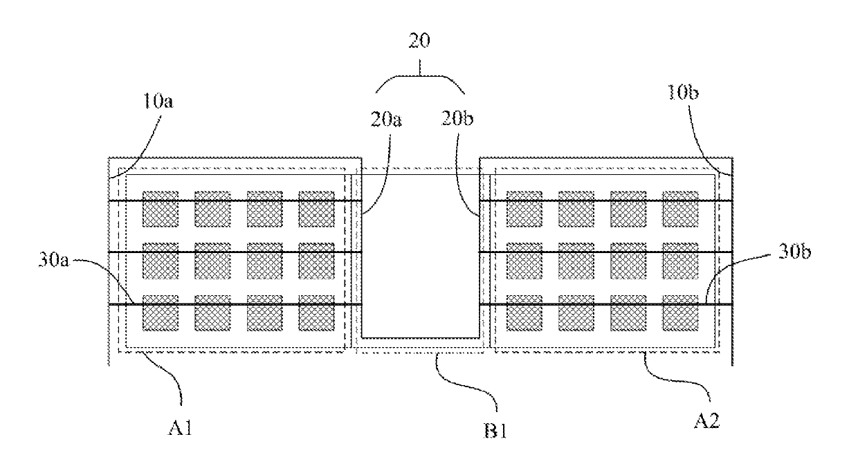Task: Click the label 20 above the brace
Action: coord(419,41)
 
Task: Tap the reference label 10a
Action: coord(158,101)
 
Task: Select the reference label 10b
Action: coord(683,92)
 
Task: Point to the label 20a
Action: coord(386,120)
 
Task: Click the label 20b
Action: coord(457,118)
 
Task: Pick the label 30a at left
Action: coord(54,259)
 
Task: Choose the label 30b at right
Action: coord(795,252)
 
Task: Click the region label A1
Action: coord(180,427)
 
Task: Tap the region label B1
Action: coord(495,431)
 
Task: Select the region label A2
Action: coord(707,421)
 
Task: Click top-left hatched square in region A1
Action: coord(161,209)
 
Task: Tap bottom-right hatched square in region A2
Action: coord(680,313)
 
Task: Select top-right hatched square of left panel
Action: coord(316,209)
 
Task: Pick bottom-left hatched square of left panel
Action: coord(161,313)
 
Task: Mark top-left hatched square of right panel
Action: coord(524,209)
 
